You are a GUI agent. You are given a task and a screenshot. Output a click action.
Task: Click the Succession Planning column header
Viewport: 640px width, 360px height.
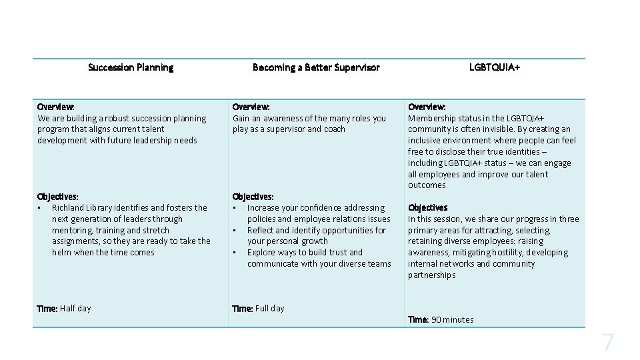coord(131,67)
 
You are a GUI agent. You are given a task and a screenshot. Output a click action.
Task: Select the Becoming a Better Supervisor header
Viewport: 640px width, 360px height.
coord(316,67)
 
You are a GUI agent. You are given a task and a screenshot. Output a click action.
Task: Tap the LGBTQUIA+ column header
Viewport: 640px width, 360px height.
coord(495,67)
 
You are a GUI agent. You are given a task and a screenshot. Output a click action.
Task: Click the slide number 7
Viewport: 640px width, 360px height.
coord(608,343)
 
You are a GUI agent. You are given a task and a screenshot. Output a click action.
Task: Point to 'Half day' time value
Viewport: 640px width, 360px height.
coord(75,309)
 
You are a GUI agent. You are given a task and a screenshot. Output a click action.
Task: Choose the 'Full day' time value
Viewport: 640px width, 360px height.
coord(269,309)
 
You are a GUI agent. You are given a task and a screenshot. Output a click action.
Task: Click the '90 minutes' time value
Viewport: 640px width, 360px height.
coord(452,320)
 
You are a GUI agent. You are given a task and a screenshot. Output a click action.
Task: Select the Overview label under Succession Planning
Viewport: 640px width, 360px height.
coord(56,107)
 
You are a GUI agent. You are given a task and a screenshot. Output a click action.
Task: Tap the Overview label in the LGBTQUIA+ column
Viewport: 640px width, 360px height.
coord(427,107)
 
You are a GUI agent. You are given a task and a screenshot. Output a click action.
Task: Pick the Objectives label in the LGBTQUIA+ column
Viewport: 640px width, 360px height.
coord(428,208)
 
